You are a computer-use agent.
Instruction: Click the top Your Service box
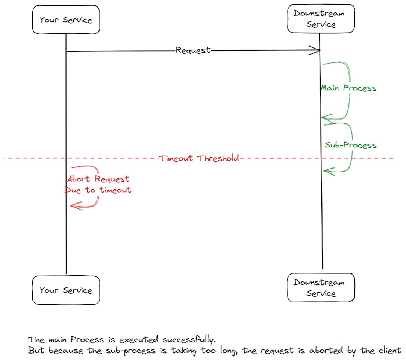click(x=66, y=20)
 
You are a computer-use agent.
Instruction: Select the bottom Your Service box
click(x=66, y=290)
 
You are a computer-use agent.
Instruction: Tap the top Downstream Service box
click(x=321, y=19)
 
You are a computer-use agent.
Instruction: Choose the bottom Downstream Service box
click(x=321, y=288)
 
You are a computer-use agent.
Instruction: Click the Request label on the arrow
click(x=193, y=50)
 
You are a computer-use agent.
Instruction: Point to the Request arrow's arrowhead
click(x=318, y=50)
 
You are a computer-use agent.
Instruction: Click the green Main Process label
click(x=348, y=88)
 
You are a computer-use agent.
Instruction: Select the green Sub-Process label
click(x=350, y=145)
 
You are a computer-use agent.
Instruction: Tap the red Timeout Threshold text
click(x=198, y=158)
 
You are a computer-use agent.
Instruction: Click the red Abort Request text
click(x=98, y=179)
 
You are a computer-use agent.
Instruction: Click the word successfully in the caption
click(x=190, y=340)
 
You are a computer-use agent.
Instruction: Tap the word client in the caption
click(x=389, y=351)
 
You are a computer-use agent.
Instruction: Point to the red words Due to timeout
click(x=98, y=190)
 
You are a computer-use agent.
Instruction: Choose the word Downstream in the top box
click(x=319, y=14)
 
